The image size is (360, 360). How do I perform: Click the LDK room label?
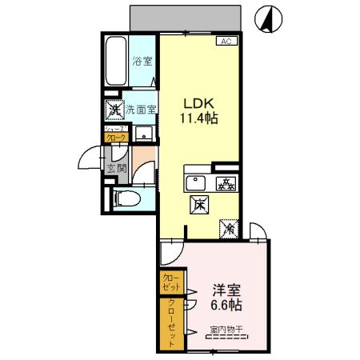pos(201,103)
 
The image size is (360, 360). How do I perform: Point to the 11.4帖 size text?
pos(201,118)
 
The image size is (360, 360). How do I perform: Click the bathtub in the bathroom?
pos(117,61)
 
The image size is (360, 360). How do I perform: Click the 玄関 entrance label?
pos(117,168)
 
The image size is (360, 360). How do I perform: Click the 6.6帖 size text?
pos(226,305)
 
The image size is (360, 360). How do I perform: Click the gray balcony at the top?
pos(185,17)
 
